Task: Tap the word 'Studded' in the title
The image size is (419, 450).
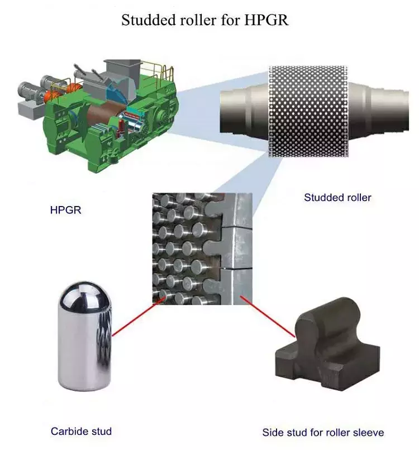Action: pos(145,21)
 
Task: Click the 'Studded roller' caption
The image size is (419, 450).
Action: pos(337,197)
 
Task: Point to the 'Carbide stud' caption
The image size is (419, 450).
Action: pos(81,431)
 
